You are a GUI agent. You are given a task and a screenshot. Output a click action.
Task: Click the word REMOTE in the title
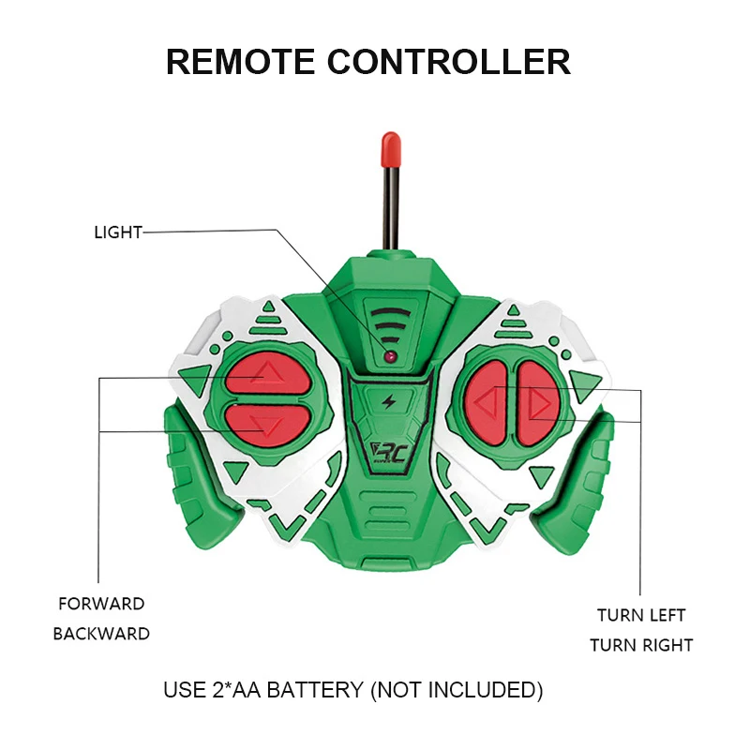coord(240,61)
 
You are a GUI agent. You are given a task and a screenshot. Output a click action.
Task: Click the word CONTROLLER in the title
coord(449,61)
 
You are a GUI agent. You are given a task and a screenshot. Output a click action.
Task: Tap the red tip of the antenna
coord(391,148)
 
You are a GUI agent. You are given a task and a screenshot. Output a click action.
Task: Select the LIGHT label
coord(117,232)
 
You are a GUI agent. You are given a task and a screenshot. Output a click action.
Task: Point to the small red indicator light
coord(387,357)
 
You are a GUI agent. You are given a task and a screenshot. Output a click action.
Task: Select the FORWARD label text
coord(101,605)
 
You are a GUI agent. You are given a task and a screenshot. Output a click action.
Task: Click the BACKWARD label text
coord(101,634)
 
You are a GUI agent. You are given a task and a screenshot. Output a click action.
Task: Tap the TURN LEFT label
coord(641,616)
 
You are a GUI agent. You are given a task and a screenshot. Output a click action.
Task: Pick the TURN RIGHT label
coord(641,645)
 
